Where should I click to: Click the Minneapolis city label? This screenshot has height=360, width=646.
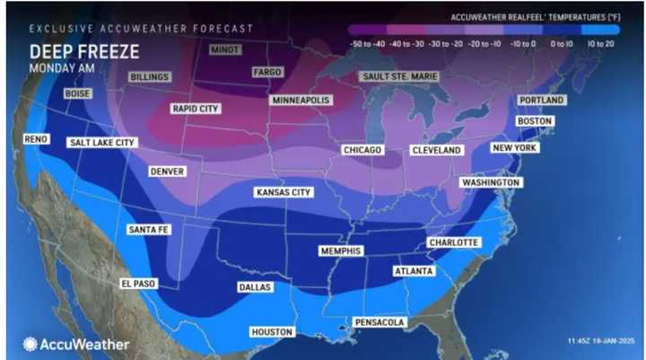coord(301,100)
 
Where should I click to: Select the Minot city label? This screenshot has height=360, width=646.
coord(224,49)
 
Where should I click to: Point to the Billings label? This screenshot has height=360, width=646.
coord(149,77)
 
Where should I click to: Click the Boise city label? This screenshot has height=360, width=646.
coord(78,93)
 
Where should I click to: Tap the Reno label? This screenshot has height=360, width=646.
coord(36,140)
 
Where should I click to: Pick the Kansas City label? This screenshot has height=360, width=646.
coord(284,192)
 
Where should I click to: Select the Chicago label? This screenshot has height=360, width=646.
coord(362,150)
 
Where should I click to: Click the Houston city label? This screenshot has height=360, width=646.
coord(272,331)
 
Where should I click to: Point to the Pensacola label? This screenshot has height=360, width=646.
coord(378,322)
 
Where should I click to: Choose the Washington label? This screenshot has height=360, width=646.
coord(490,182)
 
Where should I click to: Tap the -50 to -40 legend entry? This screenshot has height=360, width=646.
coord(367,42)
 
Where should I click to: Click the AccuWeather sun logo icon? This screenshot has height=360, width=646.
coord(31,344)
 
